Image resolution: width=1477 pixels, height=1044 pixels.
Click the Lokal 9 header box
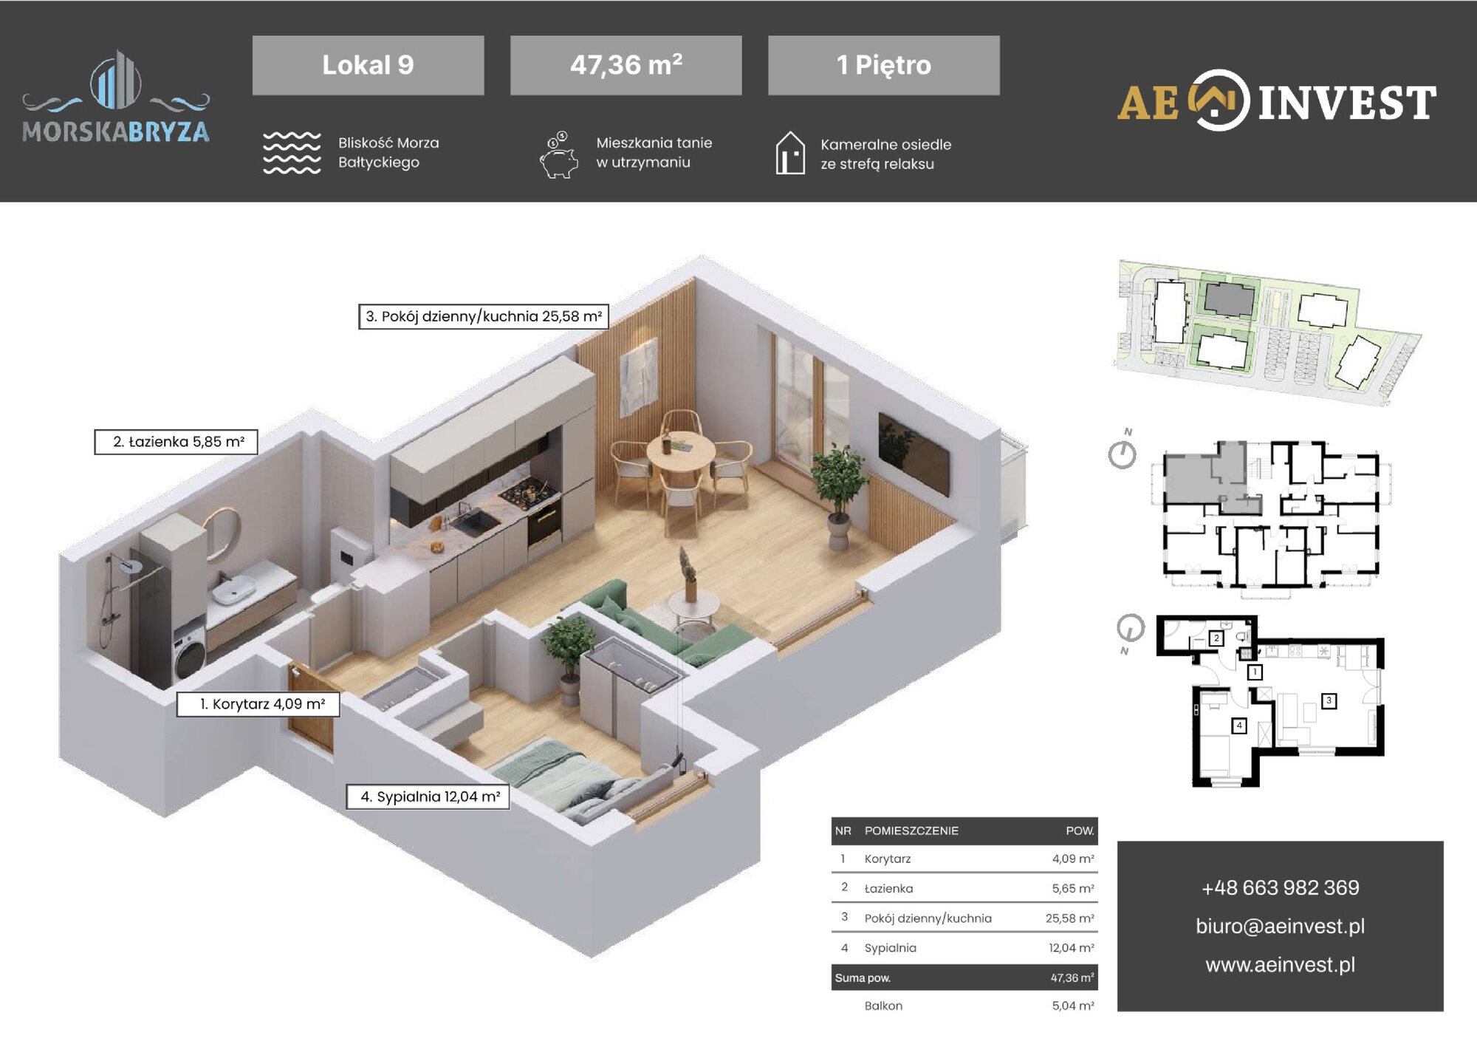click(368, 65)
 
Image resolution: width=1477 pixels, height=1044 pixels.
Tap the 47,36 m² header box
click(626, 65)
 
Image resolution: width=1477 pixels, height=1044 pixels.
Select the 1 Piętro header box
click(883, 65)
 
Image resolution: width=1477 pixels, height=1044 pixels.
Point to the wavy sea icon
click(292, 153)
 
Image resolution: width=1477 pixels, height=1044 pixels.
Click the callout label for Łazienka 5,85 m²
click(176, 442)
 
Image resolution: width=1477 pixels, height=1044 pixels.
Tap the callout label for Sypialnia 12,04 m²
click(428, 796)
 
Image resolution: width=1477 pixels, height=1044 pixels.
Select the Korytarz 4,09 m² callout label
click(258, 704)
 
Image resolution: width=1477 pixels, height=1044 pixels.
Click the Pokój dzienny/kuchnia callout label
click(484, 316)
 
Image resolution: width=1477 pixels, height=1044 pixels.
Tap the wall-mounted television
click(914, 454)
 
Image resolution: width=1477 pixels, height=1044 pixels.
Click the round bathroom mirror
click(222, 533)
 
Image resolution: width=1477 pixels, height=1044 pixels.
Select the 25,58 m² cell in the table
click(1069, 918)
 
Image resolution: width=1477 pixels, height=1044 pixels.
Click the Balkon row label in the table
click(883, 1006)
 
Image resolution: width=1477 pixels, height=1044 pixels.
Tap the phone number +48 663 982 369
click(1280, 887)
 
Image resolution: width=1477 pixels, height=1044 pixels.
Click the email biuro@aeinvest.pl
click(1280, 926)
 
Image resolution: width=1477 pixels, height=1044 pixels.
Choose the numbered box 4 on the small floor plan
click(1239, 726)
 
